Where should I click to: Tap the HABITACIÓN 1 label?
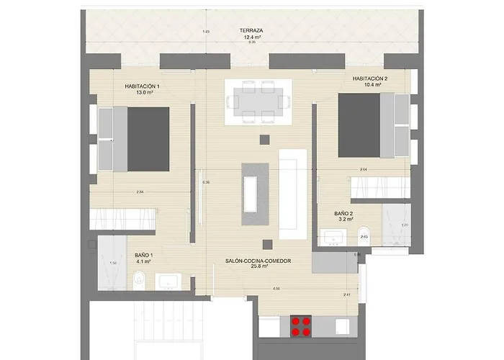pyautogui.click(x=142, y=86)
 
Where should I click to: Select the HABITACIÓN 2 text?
pyautogui.click(x=370, y=78)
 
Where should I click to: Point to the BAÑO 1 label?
pyautogui.click(x=143, y=255)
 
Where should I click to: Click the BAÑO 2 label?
pyautogui.click(x=343, y=214)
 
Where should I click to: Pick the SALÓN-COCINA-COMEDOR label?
pyautogui.click(x=257, y=261)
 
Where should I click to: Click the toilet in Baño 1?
pyautogui.click(x=144, y=279)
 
